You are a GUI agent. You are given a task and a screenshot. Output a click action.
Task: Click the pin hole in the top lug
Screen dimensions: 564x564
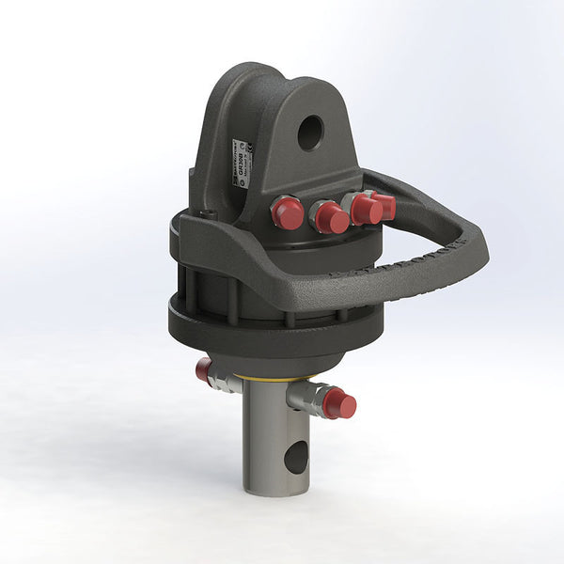(x=310, y=133)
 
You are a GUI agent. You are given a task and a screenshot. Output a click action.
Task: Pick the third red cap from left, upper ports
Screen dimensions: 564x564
(x=367, y=211)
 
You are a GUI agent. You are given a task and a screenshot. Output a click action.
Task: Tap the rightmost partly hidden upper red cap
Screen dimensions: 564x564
(x=384, y=204)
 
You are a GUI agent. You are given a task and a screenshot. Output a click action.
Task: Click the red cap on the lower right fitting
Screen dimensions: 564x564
(x=340, y=405)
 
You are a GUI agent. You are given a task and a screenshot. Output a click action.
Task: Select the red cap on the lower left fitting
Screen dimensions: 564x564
(x=203, y=370)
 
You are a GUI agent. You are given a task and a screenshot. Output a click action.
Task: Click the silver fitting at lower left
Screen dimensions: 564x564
(x=223, y=379)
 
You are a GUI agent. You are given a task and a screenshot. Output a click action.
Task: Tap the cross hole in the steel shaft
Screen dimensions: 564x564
(x=295, y=458)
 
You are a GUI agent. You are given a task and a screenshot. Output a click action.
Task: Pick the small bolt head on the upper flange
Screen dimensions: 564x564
(x=209, y=215)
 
